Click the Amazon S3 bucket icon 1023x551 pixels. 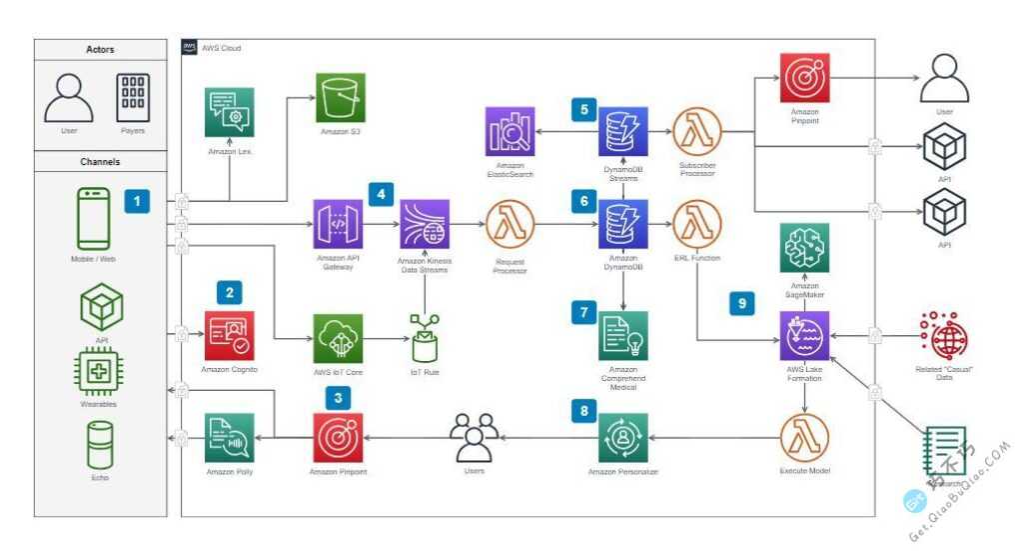[x=341, y=98]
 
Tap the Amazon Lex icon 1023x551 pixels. [x=230, y=112]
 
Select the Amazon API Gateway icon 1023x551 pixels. [x=338, y=224]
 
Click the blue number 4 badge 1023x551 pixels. [x=381, y=193]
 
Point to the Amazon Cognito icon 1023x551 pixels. [x=230, y=335]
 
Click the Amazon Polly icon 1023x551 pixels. [x=230, y=438]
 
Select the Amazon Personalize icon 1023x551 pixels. [x=623, y=438]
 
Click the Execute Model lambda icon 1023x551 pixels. [x=804, y=438]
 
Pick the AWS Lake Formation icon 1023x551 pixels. [x=804, y=335]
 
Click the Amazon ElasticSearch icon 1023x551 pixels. [x=510, y=130]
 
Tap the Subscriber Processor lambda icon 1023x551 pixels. [x=697, y=130]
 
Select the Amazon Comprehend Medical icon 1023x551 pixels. [x=623, y=335]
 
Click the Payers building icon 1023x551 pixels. [x=133, y=98]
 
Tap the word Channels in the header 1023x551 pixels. [x=101, y=161]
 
